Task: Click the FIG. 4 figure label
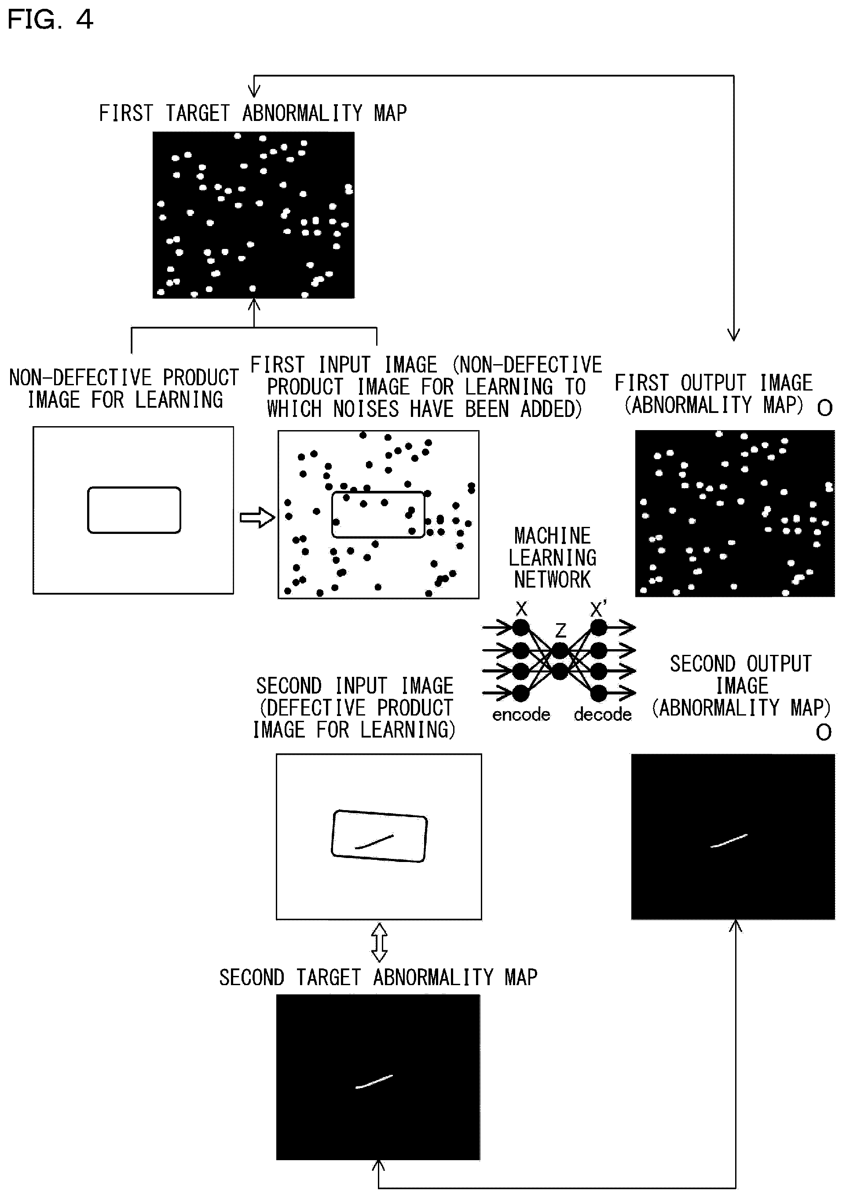coord(50,19)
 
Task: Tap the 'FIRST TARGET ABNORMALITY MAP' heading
coord(253,113)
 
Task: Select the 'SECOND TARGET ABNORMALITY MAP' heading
coord(378,977)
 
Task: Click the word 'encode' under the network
coord(521,714)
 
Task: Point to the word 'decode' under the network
coord(603,714)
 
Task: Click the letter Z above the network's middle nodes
coord(560,631)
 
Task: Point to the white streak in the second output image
coord(729,840)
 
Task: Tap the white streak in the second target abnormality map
coord(374,1081)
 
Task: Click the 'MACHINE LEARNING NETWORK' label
coord(552,558)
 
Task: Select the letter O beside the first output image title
coord(824,408)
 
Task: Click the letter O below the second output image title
coord(824,733)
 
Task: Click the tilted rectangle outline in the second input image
coord(333,835)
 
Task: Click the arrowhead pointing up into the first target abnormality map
coord(254,305)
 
